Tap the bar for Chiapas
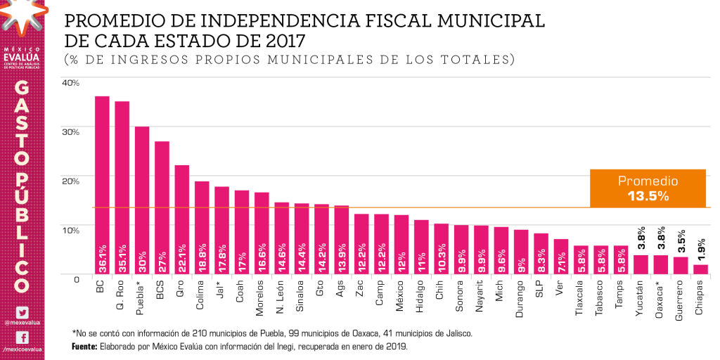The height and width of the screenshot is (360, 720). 700,269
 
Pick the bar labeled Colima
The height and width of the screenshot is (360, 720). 202,228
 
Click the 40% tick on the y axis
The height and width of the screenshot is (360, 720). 71,82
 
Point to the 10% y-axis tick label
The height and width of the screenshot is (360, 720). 71,229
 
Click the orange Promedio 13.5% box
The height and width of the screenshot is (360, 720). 648,188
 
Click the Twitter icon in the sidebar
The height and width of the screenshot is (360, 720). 22,312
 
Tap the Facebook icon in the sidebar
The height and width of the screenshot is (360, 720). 22,337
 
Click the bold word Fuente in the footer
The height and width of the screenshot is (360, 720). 85,347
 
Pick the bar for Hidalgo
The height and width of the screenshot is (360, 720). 421,247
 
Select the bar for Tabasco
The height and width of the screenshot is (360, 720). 600,259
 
